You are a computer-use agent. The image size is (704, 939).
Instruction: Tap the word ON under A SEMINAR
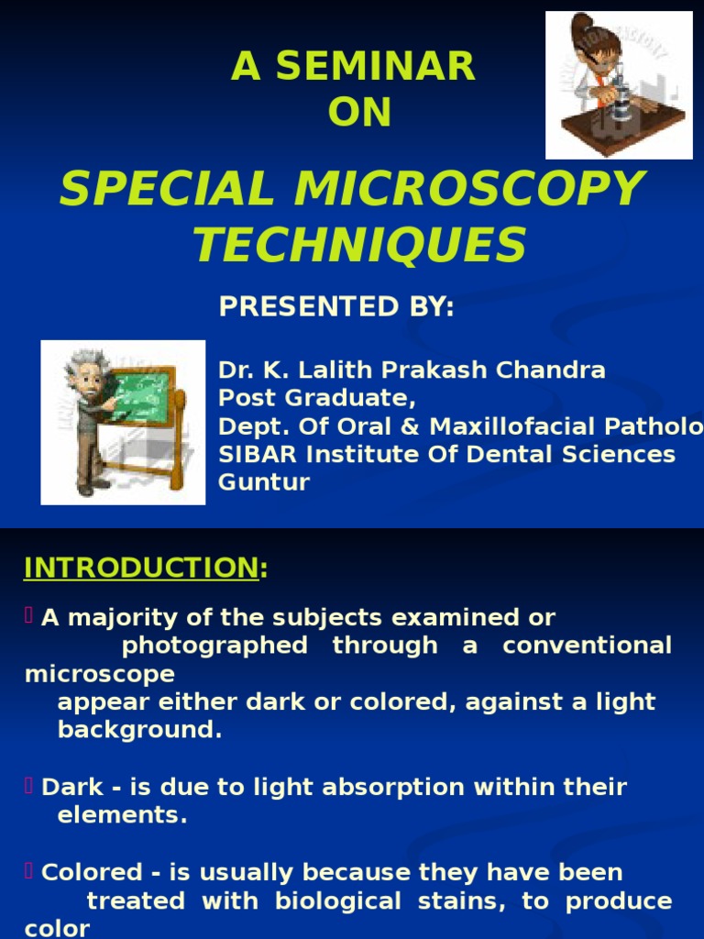pyautogui.click(x=359, y=113)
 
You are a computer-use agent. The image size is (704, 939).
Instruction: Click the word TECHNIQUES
pyautogui.click(x=359, y=245)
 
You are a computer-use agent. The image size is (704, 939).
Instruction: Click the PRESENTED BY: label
pyautogui.click(x=336, y=307)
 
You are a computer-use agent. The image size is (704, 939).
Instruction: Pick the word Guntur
pyautogui.click(x=264, y=482)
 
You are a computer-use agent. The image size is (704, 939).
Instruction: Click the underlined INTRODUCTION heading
pyautogui.click(x=141, y=569)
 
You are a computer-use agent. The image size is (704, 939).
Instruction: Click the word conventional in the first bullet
pyautogui.click(x=587, y=646)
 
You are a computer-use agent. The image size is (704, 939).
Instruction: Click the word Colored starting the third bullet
pyautogui.click(x=92, y=872)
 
